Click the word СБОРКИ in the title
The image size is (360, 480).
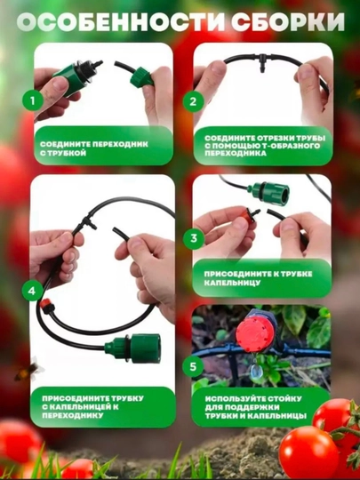coord(288,22)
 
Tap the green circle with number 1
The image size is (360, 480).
coord(33,100)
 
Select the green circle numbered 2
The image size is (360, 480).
coord(193,101)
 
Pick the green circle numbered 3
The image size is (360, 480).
coord(194,238)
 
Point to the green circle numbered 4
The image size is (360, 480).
coord(32,291)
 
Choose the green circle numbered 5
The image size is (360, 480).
coord(193,366)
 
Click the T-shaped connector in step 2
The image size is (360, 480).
coord(262,61)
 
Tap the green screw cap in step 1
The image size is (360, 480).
coord(141,77)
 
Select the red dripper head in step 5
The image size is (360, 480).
coord(255,333)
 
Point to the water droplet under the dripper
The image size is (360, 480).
coord(255,372)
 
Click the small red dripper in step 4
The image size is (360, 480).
coord(46,305)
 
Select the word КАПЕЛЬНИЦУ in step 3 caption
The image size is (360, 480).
coord(232,283)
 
